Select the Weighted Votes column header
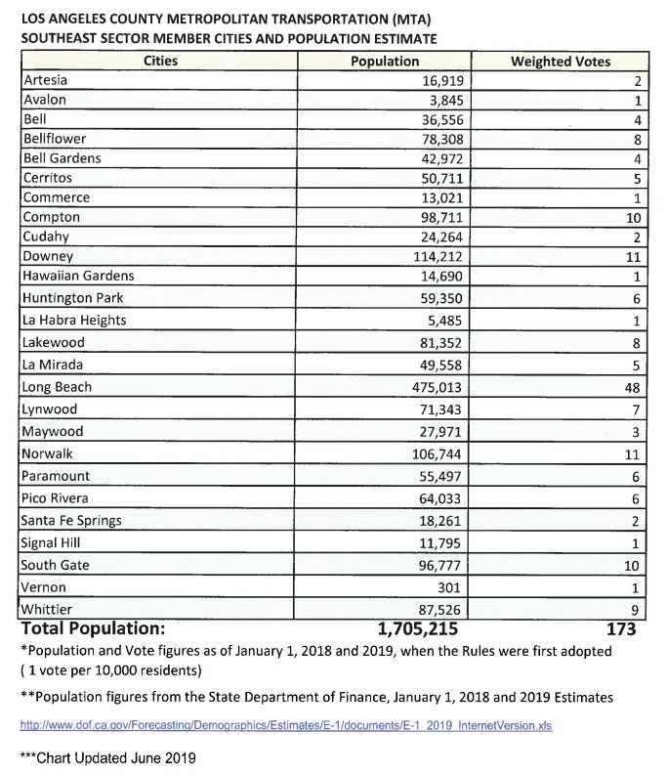point(561,62)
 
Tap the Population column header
point(385,62)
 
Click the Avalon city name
point(45,100)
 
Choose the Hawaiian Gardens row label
point(78,276)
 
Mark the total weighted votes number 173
point(621,628)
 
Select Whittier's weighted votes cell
point(634,609)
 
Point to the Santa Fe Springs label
point(72,520)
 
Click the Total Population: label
point(93,628)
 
